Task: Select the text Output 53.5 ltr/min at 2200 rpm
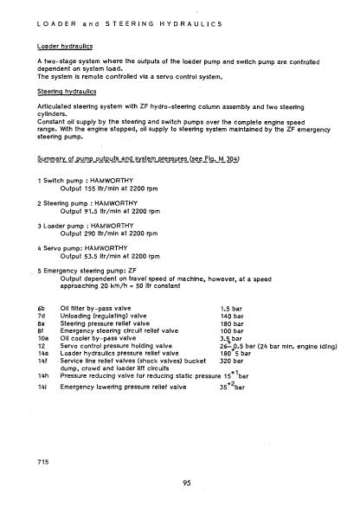coord(104,257)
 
